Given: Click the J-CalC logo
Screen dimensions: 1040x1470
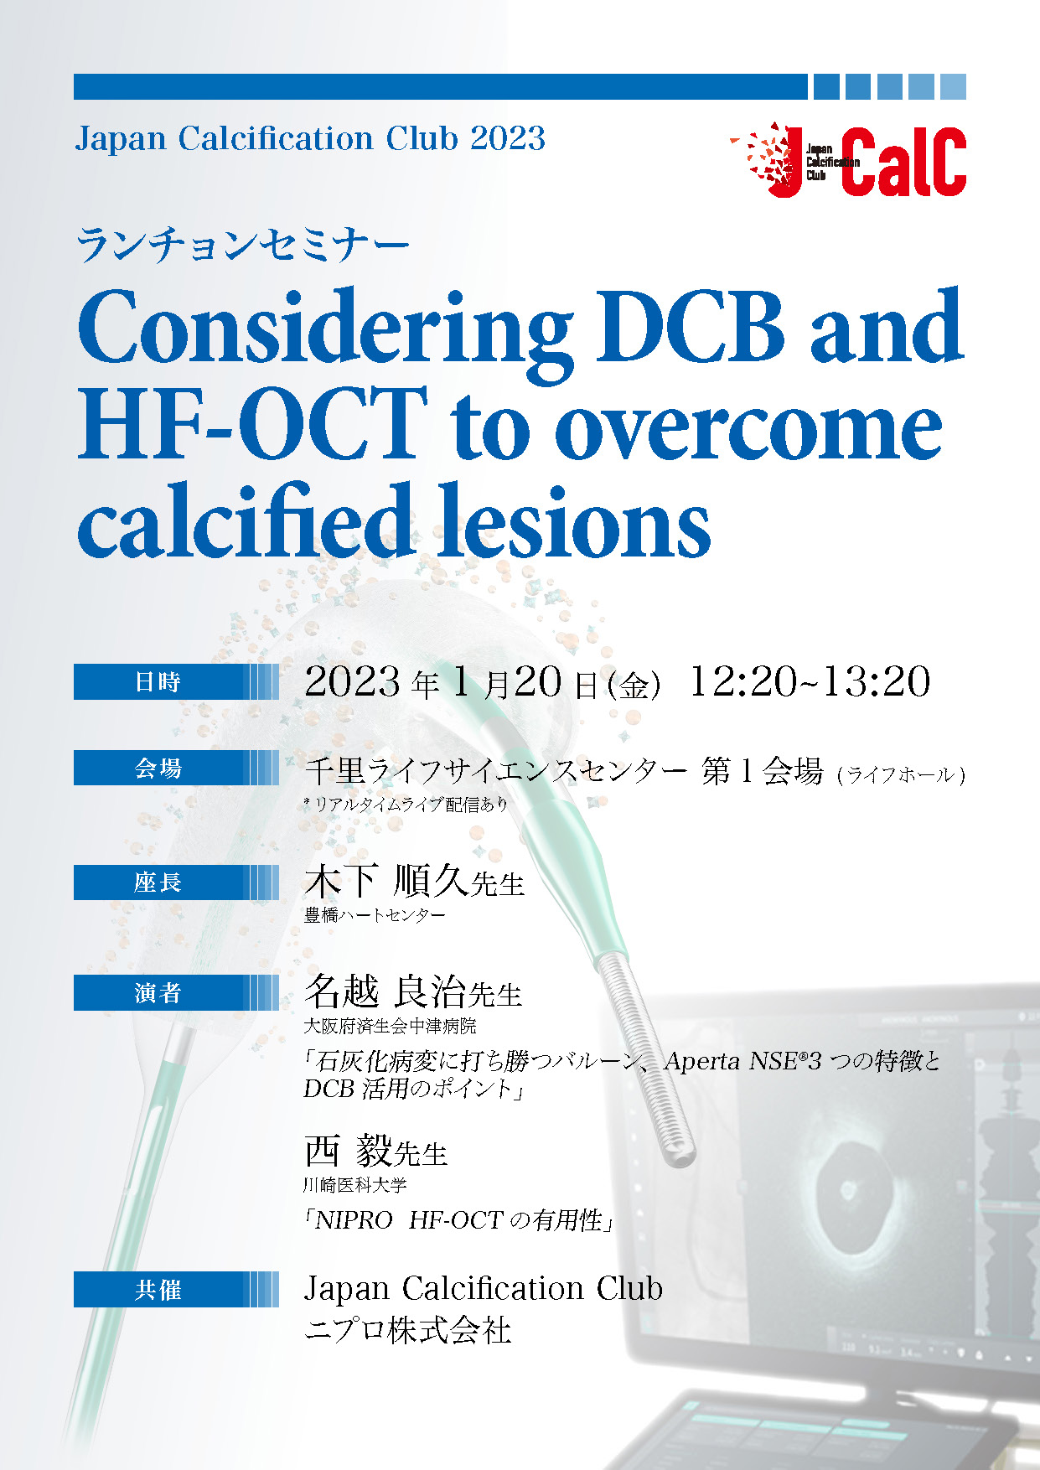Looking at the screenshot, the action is coord(847,160).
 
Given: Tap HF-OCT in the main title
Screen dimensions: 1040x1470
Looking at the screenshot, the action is coord(252,425).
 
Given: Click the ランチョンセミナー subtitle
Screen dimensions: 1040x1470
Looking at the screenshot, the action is coord(242,246).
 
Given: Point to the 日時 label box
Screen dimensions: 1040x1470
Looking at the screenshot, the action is coord(176,681).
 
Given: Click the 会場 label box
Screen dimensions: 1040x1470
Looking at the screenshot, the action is coord(176,768).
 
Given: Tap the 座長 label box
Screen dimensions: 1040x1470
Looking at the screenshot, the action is coord(176,883).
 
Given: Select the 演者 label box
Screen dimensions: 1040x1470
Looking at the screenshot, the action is coord(176,993).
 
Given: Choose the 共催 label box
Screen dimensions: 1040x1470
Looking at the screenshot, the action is coord(176,1290).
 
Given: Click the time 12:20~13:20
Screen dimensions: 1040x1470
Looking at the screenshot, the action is coord(810,681).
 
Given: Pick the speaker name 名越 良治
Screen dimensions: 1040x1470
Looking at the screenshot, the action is coord(385,991).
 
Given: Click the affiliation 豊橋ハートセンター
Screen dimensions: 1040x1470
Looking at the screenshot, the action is coord(375,915).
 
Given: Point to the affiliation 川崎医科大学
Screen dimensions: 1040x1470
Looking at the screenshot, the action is coord(355,1185).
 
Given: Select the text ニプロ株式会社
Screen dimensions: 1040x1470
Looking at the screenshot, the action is coord(407,1330).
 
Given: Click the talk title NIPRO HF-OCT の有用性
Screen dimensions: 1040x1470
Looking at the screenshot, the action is coord(458,1220).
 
